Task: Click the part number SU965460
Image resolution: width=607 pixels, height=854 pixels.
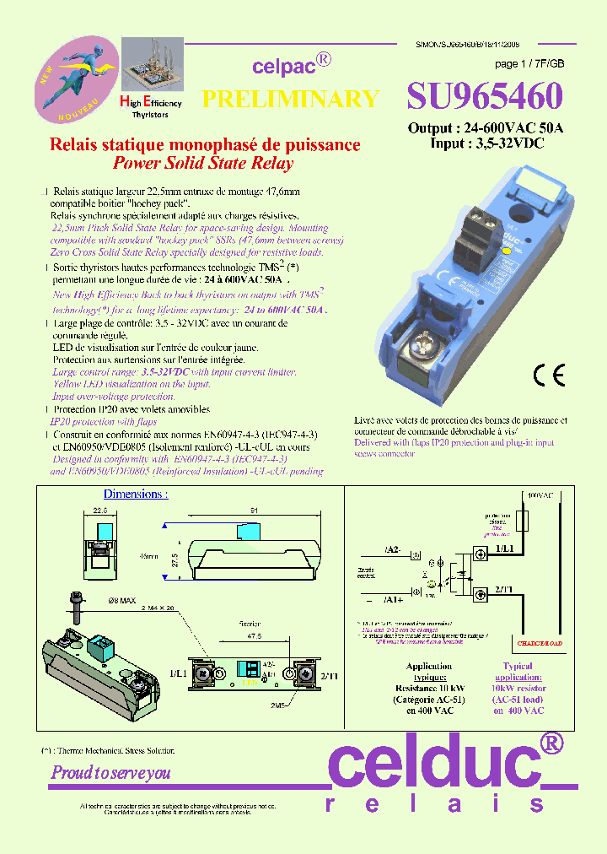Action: click(x=484, y=98)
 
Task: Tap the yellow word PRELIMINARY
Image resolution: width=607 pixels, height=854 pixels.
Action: click(x=291, y=99)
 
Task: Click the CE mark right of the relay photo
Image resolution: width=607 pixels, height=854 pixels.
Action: click(x=545, y=375)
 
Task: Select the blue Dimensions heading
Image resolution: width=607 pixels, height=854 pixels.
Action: click(x=135, y=494)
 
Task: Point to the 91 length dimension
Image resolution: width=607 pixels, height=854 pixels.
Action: click(x=254, y=510)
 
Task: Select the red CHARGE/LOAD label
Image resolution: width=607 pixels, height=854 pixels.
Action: click(x=540, y=644)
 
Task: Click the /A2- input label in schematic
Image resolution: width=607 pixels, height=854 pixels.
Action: click(x=392, y=549)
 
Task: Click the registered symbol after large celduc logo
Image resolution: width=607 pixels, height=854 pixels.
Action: click(x=550, y=743)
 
